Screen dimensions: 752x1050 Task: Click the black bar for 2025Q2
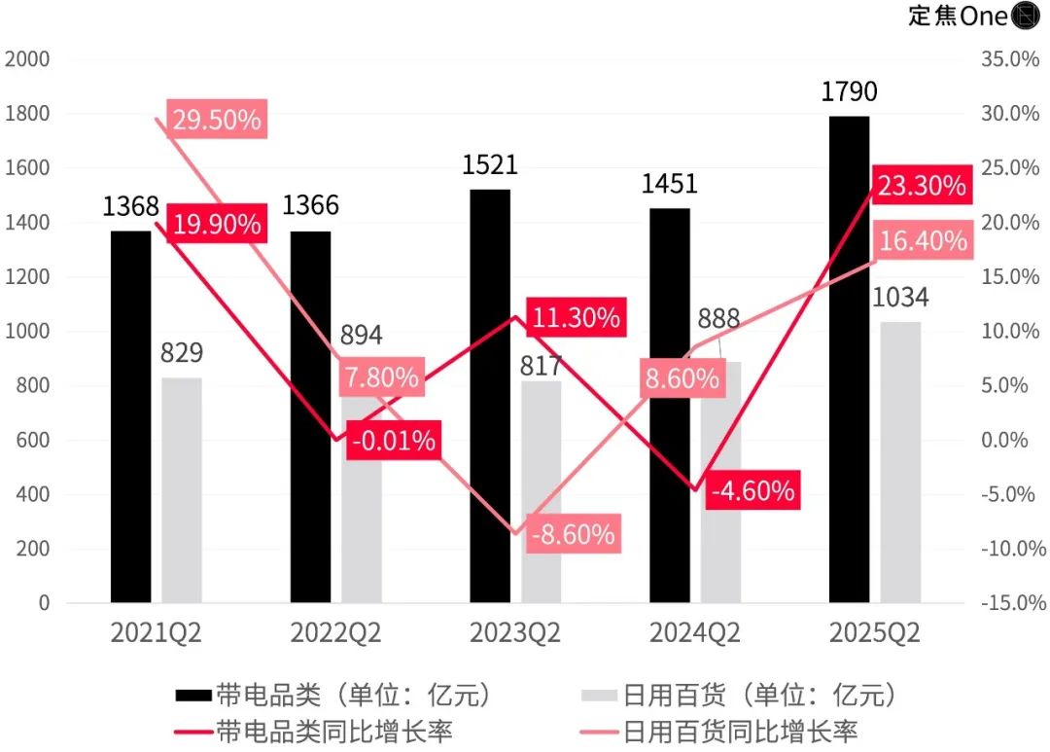click(x=849, y=360)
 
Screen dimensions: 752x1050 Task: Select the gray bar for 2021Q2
click(x=182, y=490)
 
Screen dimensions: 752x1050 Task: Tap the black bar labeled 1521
click(x=490, y=396)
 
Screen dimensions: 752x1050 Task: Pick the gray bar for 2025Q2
click(x=900, y=462)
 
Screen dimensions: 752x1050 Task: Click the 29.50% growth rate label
click(x=216, y=120)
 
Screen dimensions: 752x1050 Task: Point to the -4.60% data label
click(x=752, y=490)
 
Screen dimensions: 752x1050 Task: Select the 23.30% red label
click(x=922, y=185)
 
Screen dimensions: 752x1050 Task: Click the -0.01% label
click(x=393, y=440)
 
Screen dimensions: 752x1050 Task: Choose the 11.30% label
click(x=574, y=317)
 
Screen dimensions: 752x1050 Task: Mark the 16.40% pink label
click(x=923, y=239)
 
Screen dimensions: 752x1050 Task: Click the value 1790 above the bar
click(x=849, y=92)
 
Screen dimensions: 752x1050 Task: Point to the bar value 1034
click(x=900, y=298)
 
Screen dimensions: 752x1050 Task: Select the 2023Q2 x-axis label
click(x=515, y=633)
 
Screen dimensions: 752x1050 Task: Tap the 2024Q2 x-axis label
click(x=695, y=633)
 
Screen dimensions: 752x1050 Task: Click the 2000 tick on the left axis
click(x=27, y=59)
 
